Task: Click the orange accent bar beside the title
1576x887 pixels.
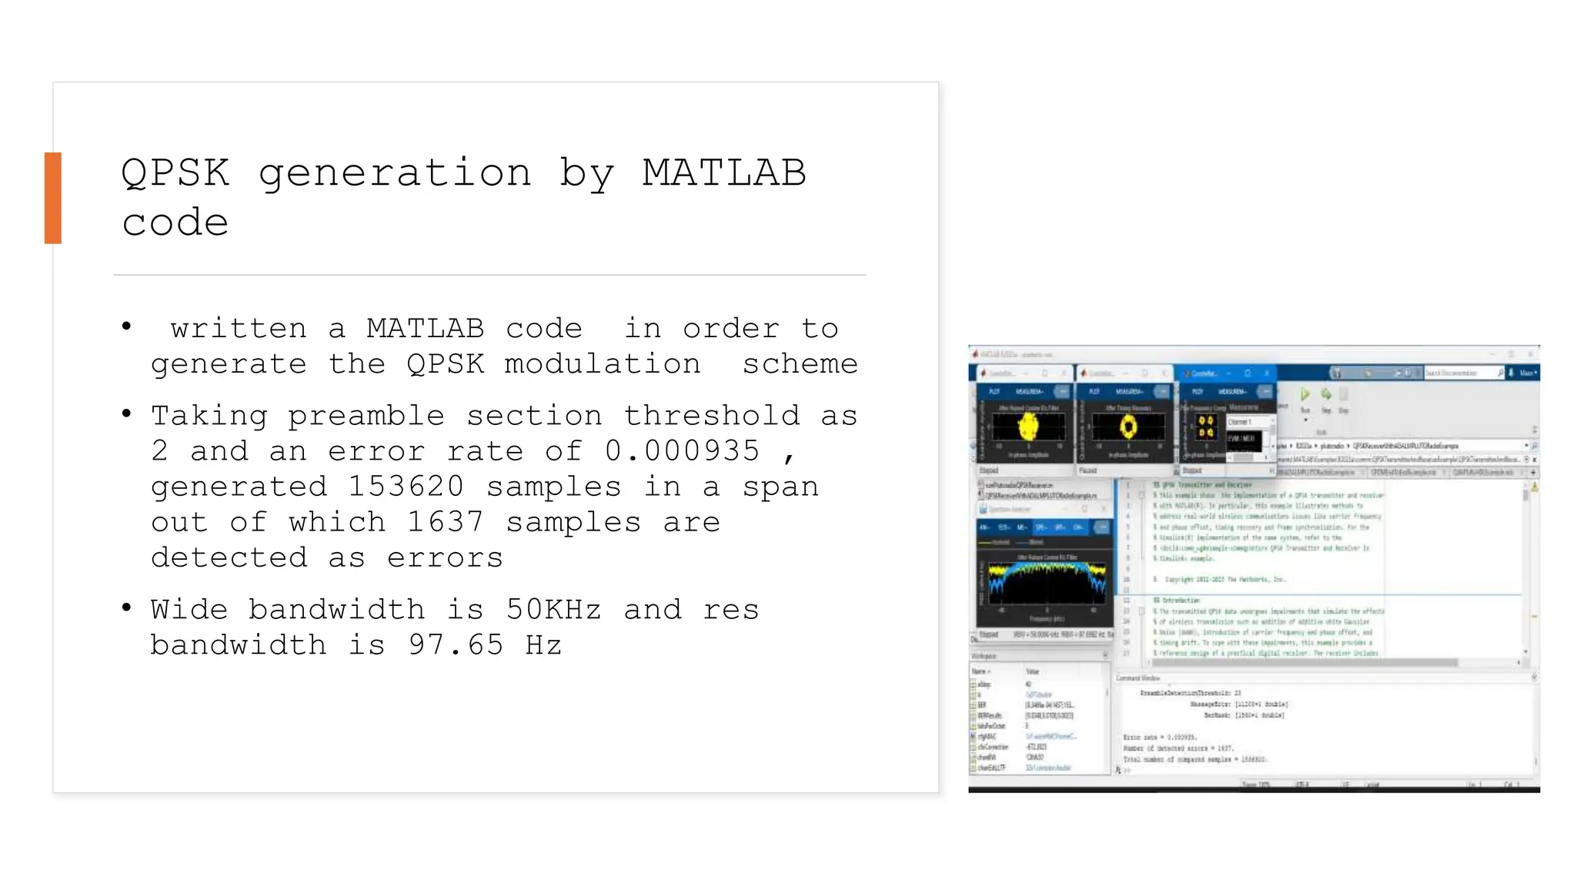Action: [52, 198]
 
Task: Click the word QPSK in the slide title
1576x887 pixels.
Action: [175, 172]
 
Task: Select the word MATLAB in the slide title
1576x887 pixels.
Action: [724, 172]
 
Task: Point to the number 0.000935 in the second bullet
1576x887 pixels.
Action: [682, 451]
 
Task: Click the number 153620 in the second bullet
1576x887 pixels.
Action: [406, 487]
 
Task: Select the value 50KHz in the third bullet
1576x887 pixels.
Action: [553, 610]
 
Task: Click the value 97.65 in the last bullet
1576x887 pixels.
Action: [456, 645]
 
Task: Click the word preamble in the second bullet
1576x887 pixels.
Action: [366, 417]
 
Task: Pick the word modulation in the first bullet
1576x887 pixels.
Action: [602, 364]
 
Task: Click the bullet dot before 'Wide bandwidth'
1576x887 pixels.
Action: [127, 608]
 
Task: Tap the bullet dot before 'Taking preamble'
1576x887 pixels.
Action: [127, 414]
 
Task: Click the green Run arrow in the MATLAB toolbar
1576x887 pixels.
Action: [1305, 394]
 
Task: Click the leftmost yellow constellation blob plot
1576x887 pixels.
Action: [1028, 426]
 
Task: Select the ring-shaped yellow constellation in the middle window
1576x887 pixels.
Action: [1128, 426]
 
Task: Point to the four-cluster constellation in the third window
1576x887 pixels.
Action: [1206, 427]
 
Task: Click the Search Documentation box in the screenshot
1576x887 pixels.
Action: [1461, 373]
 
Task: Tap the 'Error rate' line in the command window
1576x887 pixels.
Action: [1160, 737]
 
